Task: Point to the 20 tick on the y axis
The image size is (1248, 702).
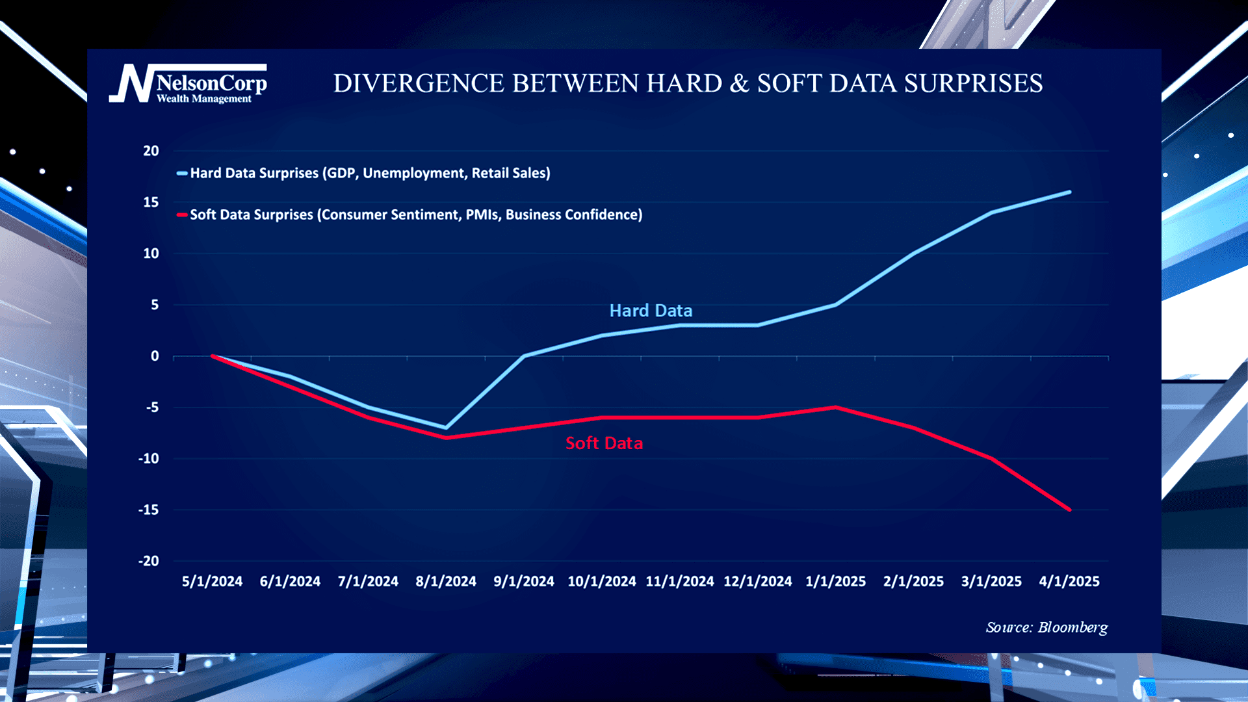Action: [151, 151]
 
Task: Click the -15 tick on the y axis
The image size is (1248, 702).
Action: [148, 510]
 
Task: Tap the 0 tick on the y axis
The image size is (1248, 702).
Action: [155, 356]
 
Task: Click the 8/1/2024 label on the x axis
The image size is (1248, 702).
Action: [446, 582]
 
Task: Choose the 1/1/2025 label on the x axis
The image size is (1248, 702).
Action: [835, 582]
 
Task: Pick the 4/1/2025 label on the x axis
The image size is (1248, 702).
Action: [1069, 582]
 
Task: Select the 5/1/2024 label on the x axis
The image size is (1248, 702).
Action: [212, 582]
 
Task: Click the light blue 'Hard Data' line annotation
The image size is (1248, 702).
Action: [651, 311]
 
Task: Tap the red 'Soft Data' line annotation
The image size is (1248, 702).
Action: [604, 443]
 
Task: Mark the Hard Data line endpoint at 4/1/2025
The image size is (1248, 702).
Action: [1069, 192]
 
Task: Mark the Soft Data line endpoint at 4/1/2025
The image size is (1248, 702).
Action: [1069, 510]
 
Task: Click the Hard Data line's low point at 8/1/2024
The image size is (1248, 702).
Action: [446, 428]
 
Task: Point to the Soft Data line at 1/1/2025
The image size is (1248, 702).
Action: [835, 408]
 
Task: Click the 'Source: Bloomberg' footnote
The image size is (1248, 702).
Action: [1046, 628]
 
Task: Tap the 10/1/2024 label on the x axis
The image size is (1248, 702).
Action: [601, 582]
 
